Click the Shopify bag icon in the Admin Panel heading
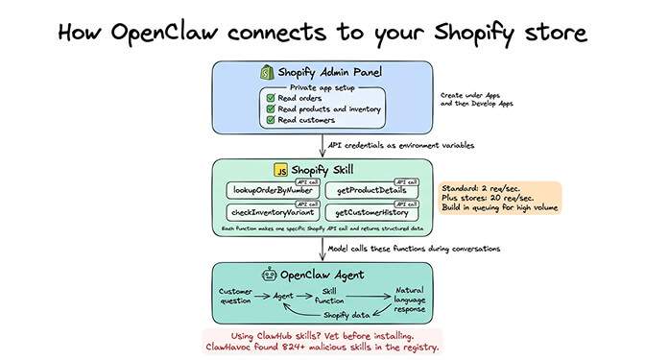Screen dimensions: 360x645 click(x=268, y=72)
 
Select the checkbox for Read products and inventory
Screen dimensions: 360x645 click(x=270, y=108)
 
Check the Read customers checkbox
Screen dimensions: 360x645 click(x=270, y=120)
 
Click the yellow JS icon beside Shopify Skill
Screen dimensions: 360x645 click(x=281, y=171)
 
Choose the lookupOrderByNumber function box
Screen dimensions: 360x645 click(x=273, y=191)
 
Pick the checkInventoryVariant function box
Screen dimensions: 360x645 click(x=273, y=211)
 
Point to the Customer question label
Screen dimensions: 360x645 click(x=235, y=297)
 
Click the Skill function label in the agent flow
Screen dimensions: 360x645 click(x=328, y=297)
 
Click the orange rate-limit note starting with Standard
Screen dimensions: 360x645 click(x=497, y=197)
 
